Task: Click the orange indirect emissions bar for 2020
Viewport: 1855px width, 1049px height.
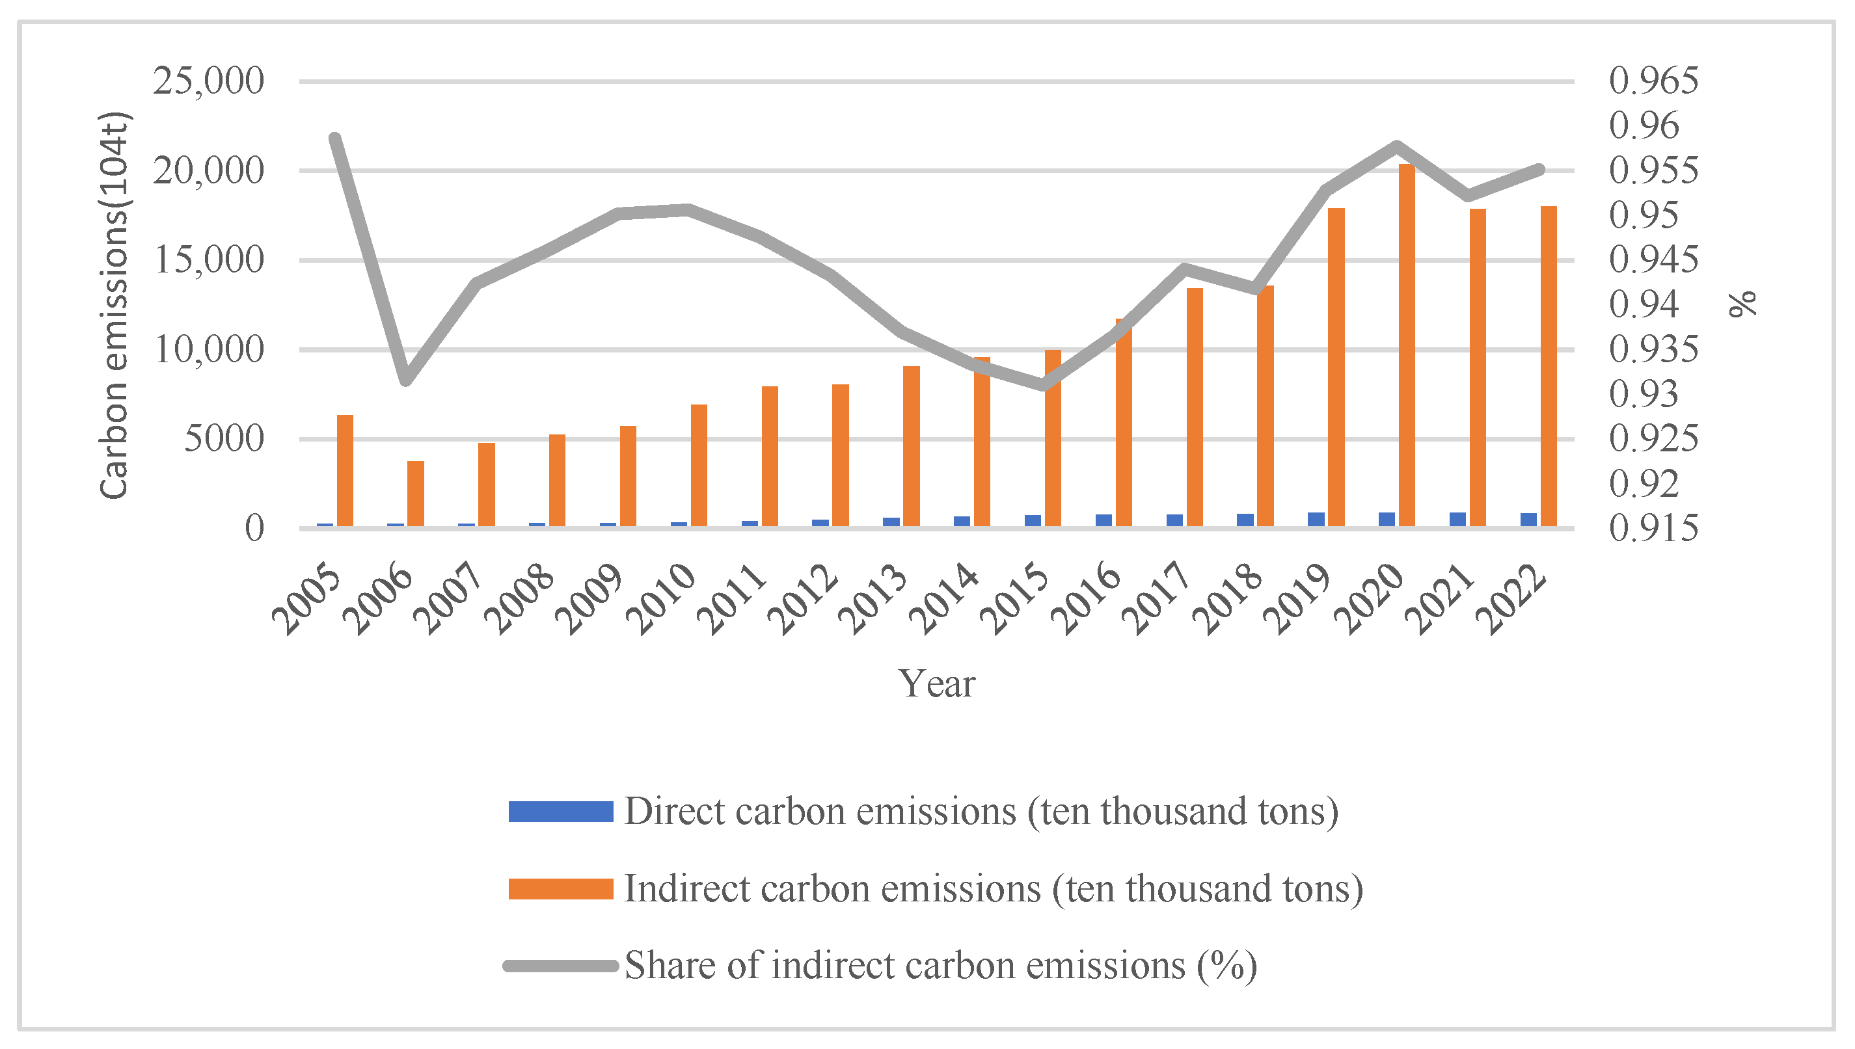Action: click(1407, 345)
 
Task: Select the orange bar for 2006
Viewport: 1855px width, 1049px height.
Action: click(416, 494)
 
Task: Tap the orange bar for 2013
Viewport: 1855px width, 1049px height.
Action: click(911, 446)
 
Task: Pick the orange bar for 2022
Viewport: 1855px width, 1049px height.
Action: click(1549, 366)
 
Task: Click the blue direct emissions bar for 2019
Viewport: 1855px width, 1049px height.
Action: click(1316, 520)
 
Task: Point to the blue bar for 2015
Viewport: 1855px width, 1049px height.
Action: click(1033, 521)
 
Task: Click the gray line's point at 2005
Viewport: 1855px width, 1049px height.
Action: click(335, 138)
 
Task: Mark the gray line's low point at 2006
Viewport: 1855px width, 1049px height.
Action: click(406, 379)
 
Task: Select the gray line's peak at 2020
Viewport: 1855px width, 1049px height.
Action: click(1397, 146)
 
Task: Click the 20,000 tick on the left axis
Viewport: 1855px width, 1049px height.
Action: click(208, 171)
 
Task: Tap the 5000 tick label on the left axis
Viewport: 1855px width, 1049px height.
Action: click(224, 439)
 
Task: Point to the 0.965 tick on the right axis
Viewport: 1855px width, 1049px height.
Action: click(1653, 81)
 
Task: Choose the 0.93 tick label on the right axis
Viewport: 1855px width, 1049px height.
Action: click(1644, 394)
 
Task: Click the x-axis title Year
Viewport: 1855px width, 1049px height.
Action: click(936, 683)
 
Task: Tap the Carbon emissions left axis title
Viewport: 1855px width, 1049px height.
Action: click(114, 306)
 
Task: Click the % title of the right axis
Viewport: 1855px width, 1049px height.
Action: click(1743, 304)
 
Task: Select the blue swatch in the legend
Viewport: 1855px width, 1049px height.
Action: click(561, 811)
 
